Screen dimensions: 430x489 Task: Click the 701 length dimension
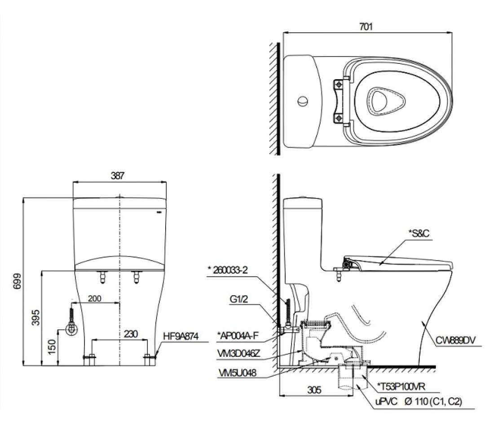[366, 27]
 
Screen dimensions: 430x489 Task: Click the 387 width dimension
[118, 176]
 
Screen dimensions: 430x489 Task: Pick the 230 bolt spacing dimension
[131, 334]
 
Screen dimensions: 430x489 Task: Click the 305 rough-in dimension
[315, 390]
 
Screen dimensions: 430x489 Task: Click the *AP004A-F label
[237, 334]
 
